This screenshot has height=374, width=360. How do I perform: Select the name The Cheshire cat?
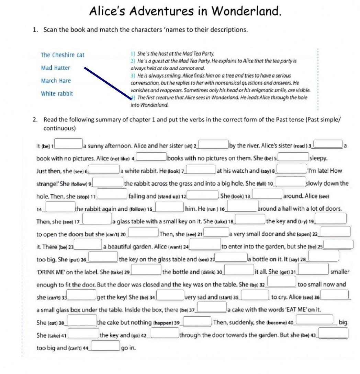coord(63,55)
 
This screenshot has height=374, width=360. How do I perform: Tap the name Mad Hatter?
coord(55,68)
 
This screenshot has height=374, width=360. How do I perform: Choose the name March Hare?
coord(56,81)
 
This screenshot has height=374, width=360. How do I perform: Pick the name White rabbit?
coord(57,94)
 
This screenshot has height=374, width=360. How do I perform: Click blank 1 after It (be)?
coord(69,143)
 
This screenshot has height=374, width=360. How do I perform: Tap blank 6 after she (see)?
coord(104,169)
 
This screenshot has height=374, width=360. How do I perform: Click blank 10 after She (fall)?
coord(291,182)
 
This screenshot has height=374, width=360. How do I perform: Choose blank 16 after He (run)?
coord(243,207)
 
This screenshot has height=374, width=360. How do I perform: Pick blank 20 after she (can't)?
coord(144,232)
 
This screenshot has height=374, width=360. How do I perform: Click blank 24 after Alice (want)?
coord(205,245)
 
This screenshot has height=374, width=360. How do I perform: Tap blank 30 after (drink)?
coord(239,270)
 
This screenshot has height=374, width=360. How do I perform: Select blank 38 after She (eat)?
coord(82,320)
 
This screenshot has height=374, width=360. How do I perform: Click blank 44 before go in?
coord(105,346)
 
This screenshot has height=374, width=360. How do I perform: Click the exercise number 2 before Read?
coord(35,119)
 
